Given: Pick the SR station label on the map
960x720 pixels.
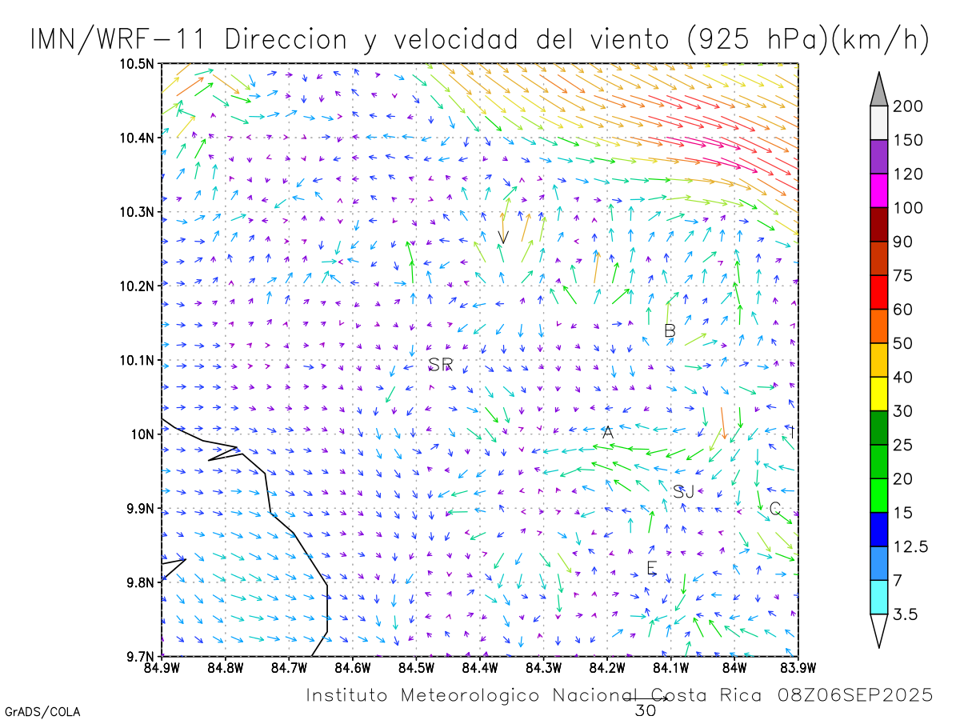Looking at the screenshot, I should click(x=440, y=365).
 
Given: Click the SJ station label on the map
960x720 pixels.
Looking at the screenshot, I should click(x=683, y=492).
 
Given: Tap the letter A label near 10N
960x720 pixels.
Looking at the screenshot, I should click(x=608, y=432).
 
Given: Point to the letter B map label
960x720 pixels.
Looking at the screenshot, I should click(x=670, y=330).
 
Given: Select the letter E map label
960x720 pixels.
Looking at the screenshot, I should click(x=651, y=568).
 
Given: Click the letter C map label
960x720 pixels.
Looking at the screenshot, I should click(x=774, y=509).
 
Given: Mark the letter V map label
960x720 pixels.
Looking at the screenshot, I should click(x=503, y=237).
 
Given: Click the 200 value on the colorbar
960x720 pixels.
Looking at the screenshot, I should click(x=908, y=106).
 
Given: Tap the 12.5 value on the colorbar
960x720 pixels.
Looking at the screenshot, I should click(x=910, y=547).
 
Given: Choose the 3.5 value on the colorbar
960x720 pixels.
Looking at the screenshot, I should click(x=906, y=614).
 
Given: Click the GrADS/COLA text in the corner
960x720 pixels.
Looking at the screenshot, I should click(x=42, y=711).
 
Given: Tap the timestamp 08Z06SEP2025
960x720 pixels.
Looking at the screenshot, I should click(x=855, y=695).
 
